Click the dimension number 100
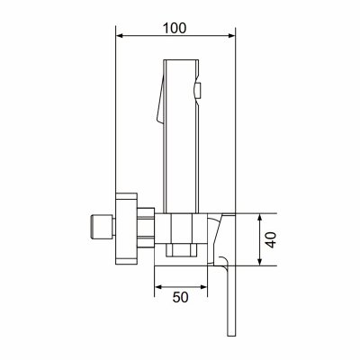(175, 28)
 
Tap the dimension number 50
(181, 297)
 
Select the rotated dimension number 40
(271, 239)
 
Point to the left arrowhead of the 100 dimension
(120, 36)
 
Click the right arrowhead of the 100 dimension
(231, 36)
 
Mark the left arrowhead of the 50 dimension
(158, 287)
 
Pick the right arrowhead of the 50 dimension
(203, 287)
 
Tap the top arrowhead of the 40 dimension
(260, 218)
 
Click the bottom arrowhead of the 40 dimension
(260, 262)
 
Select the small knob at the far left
(102, 227)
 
